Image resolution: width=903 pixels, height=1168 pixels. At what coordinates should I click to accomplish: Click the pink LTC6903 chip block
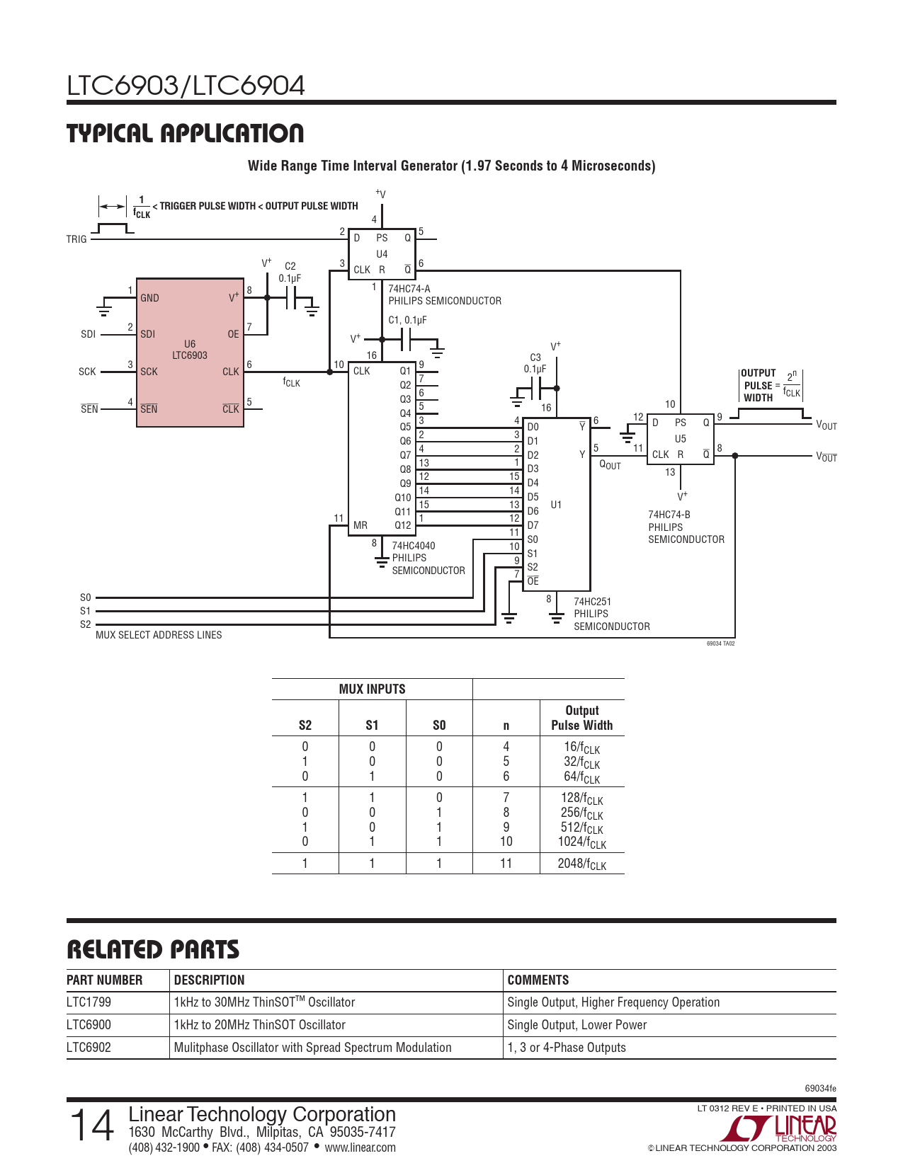coord(190,353)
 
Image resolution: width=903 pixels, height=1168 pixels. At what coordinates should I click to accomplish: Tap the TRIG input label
coord(76,239)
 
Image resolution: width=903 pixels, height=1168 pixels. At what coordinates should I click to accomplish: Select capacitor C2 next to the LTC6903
coord(291,298)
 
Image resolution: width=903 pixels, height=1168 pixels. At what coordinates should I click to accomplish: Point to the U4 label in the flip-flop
coord(382,253)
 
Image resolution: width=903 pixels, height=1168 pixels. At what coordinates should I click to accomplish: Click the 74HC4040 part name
coord(414,546)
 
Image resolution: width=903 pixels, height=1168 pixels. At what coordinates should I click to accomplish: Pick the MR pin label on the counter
coord(360,525)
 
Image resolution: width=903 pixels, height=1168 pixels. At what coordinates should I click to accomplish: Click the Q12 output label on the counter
coord(403,525)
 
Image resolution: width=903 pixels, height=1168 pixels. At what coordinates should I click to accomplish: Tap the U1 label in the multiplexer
coord(556,505)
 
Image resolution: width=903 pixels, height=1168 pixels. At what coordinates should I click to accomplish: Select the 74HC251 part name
coord(593,602)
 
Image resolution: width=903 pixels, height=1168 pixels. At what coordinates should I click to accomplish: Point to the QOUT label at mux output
coord(610,464)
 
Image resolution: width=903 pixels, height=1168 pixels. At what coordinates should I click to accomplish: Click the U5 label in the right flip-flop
coord(681,439)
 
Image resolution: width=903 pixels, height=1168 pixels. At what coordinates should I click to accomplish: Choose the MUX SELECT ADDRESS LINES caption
coord(159,635)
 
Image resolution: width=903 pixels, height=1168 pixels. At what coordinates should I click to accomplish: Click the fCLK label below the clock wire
coord(292,382)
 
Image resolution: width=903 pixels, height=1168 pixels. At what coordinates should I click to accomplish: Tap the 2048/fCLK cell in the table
coord(582,864)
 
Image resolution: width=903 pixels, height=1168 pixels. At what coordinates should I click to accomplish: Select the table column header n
coord(506,726)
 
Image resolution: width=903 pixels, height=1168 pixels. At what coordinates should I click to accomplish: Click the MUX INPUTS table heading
coord(372,689)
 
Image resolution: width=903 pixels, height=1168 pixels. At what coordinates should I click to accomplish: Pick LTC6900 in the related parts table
coord(89,1024)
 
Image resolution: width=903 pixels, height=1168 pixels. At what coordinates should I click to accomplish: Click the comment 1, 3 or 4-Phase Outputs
coord(567,1047)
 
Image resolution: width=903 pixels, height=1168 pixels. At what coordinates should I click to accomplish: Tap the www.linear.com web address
coord(360,1147)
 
